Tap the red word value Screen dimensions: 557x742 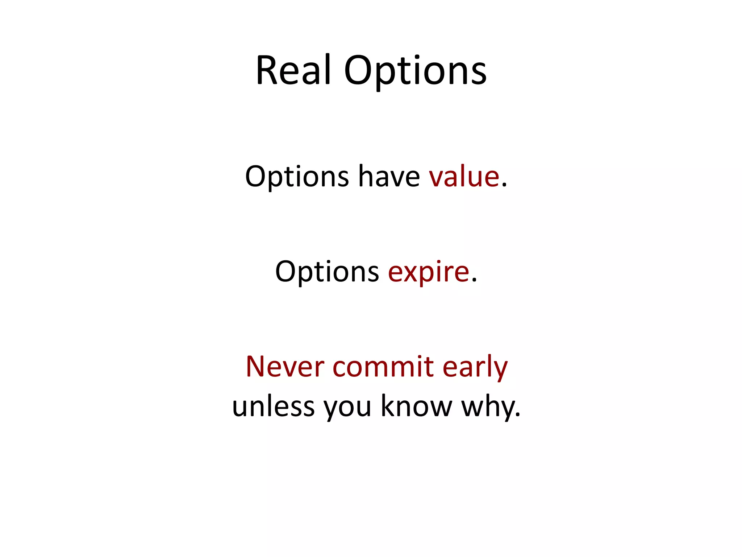(464, 177)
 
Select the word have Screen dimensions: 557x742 (389, 177)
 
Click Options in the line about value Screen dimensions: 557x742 (297, 178)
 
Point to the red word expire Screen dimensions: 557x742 (429, 272)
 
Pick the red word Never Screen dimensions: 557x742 (285, 367)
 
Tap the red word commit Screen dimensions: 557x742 (383, 367)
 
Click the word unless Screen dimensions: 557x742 (273, 406)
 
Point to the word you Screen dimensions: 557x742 (347, 408)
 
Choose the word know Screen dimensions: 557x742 (416, 406)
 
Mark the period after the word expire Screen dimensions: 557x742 (474, 281)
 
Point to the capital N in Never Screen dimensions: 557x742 (257, 367)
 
